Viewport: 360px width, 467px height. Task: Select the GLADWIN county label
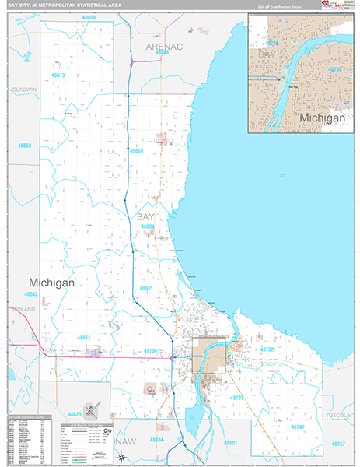[24, 90]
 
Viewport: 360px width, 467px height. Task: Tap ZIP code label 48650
[137, 150]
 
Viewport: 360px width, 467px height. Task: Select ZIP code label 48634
[149, 226]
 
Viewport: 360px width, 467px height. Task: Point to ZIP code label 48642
[30, 294]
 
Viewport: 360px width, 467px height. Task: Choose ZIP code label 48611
[84, 337]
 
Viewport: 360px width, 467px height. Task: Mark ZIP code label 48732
[267, 349]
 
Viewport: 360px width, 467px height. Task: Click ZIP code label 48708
[236, 398]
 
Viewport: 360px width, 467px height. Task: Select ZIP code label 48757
[338, 443]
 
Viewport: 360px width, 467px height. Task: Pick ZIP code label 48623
[75, 414]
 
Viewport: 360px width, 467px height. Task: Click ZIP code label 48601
[229, 441]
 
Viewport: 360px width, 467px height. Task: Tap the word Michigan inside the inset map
[322, 118]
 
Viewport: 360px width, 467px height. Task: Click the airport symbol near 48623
[92, 409]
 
